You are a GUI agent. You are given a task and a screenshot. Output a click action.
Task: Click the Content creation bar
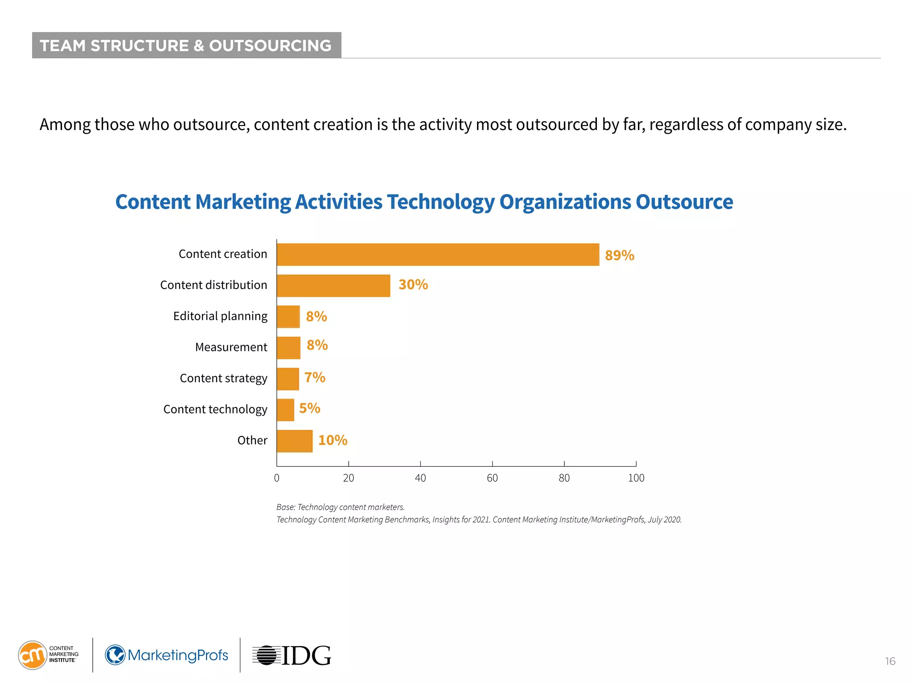click(x=438, y=255)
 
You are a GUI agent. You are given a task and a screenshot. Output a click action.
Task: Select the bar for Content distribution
click(x=333, y=286)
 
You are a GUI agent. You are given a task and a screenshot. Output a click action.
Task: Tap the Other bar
click(x=294, y=441)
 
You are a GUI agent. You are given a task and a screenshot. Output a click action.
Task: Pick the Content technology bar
click(x=285, y=410)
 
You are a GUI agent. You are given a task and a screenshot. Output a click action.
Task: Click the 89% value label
click(x=619, y=256)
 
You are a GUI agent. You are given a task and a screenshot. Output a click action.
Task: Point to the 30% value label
click(x=413, y=285)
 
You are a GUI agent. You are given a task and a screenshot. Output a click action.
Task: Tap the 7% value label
click(x=315, y=378)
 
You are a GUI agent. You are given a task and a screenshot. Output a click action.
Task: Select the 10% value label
click(x=333, y=440)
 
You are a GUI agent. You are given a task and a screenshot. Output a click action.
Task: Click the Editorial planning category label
click(x=220, y=316)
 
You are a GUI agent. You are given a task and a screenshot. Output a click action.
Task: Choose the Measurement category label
click(x=231, y=347)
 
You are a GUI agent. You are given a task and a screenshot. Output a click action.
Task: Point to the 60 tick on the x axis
click(x=492, y=478)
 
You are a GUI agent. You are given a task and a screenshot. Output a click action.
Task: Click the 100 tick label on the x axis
click(x=636, y=478)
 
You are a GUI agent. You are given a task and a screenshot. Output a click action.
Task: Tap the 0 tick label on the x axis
click(x=277, y=478)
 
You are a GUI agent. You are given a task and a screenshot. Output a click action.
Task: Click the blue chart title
click(x=424, y=202)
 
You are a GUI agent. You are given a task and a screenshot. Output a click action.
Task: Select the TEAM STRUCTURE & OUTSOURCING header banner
click(x=186, y=45)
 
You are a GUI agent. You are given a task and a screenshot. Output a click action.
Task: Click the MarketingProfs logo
click(x=167, y=655)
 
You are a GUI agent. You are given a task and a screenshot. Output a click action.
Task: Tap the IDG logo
click(x=292, y=655)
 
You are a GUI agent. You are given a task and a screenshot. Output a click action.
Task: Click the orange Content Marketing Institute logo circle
click(x=32, y=655)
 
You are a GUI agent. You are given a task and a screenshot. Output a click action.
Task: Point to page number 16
click(x=890, y=661)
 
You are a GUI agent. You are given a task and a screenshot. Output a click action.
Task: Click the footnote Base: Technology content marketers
click(x=341, y=507)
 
